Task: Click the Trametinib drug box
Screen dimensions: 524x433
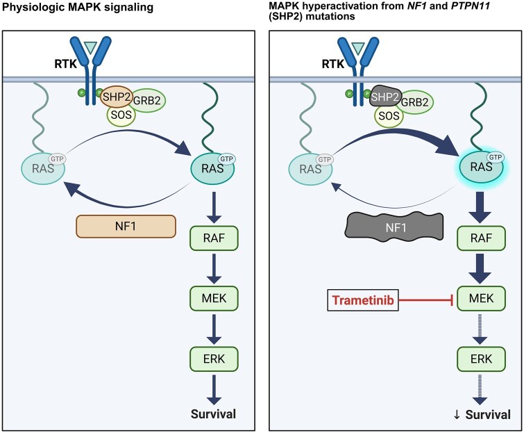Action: click(362, 300)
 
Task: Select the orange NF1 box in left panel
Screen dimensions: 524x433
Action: click(126, 227)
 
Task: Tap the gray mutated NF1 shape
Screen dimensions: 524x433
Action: click(394, 227)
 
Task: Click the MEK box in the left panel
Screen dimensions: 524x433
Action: click(214, 298)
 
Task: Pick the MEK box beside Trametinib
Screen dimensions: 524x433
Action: click(481, 298)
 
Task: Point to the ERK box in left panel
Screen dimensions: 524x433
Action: click(214, 359)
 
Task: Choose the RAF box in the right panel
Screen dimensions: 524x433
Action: click(481, 238)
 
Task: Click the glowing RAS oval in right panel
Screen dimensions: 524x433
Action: click(482, 166)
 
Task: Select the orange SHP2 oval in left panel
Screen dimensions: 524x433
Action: click(117, 97)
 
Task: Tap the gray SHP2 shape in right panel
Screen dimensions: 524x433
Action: click(384, 97)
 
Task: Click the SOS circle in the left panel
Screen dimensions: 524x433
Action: click(121, 115)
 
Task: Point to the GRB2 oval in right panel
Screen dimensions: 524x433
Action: click(415, 101)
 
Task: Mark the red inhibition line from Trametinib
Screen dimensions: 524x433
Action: click(426, 300)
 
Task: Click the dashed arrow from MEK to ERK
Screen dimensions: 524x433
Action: click(480, 329)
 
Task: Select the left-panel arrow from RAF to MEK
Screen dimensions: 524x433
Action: click(214, 269)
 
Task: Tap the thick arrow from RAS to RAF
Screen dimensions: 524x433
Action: click(480, 208)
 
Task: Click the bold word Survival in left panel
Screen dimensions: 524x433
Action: click(213, 414)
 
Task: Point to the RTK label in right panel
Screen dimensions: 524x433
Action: click(333, 64)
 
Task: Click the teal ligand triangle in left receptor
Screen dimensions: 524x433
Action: click(90, 47)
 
